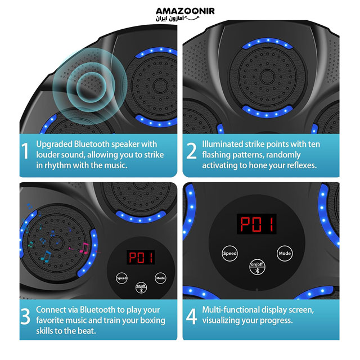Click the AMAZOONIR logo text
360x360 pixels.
185,11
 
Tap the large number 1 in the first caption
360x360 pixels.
25,151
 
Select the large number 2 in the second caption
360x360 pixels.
191,151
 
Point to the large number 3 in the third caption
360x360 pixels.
25,316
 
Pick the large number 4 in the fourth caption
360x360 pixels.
191,316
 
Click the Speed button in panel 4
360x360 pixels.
229,254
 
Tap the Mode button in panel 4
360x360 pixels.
285,254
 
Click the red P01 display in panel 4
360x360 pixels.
256,224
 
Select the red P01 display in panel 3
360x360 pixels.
141,258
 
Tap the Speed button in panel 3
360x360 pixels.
121,278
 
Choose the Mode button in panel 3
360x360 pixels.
160,278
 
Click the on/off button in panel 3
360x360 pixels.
141,288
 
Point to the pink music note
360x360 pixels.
84,248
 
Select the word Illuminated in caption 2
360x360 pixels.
222,144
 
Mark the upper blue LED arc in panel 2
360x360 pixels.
268,43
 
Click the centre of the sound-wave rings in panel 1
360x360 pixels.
91,87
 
